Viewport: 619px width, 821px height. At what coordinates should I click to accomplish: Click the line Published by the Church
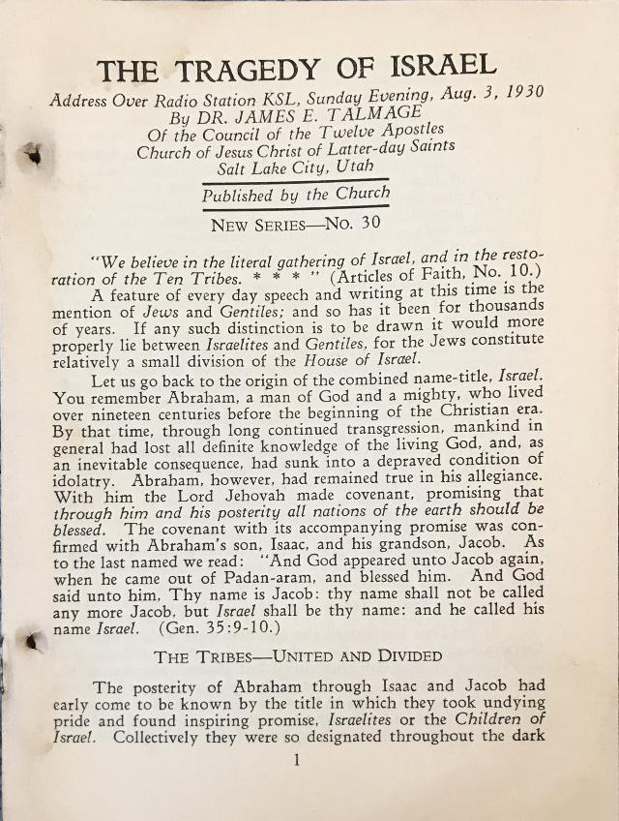[x=296, y=193]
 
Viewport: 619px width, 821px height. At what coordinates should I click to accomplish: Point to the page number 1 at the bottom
[x=297, y=759]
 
